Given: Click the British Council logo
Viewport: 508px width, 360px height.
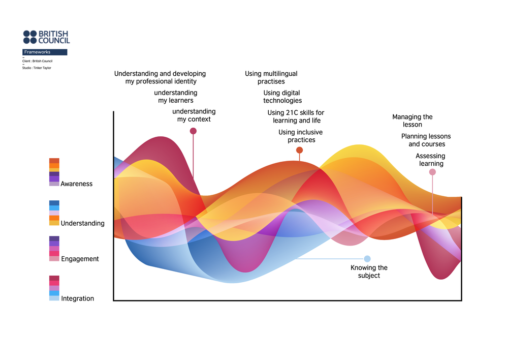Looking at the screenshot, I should point(46,37).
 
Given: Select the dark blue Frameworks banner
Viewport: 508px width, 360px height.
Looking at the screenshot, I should point(45,52).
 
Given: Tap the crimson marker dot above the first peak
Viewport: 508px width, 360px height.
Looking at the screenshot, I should point(193,131).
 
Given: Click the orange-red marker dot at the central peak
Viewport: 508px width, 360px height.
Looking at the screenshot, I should point(299,150).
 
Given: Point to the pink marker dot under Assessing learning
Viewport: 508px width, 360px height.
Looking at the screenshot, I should point(432,172).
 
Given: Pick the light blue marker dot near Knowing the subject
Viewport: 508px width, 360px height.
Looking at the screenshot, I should point(367,259).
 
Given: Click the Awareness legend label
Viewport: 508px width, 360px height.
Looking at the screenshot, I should point(77,184).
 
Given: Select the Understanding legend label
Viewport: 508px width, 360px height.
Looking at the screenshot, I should point(82,223).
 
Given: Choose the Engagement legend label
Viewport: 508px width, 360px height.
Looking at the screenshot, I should point(80,259).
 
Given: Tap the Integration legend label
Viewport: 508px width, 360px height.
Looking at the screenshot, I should point(77,298).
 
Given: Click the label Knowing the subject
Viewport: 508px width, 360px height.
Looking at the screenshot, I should point(369,272).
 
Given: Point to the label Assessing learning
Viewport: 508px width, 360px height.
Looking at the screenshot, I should point(431,160).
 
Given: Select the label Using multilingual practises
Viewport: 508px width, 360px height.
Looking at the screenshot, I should point(271,77).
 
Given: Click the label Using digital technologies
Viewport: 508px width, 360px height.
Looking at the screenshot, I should point(282,97).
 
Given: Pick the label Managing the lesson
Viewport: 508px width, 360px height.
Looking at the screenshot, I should point(412,121).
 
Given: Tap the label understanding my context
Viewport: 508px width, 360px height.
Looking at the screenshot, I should point(194,115).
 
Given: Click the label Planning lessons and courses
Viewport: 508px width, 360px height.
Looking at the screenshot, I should point(426,140).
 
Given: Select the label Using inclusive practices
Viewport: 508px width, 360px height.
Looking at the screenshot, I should point(301,136).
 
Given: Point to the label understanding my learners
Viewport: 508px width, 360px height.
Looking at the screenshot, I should point(176,97).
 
